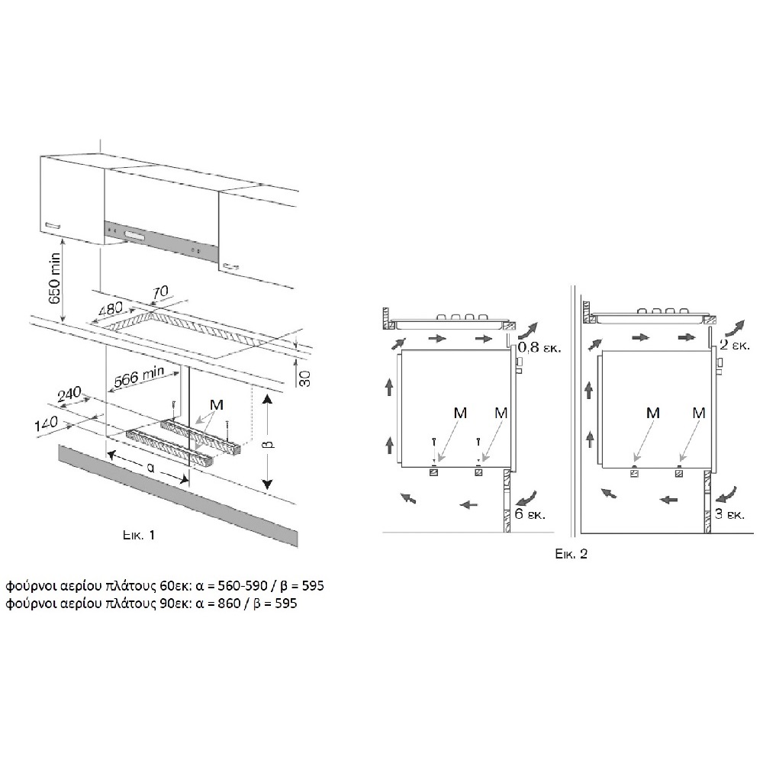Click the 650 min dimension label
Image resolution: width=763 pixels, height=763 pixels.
pyautogui.click(x=54, y=278)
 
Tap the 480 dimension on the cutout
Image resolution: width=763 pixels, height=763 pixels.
pyautogui.click(x=111, y=310)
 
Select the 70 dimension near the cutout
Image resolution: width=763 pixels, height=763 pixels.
pyautogui.click(x=160, y=292)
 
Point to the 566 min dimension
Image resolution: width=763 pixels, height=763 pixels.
pyautogui.click(x=139, y=376)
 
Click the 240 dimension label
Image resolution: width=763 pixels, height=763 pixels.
pyautogui.click(x=69, y=394)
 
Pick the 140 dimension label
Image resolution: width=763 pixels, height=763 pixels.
pyautogui.click(x=47, y=424)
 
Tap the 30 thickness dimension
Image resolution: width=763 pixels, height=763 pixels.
pyautogui.click(x=304, y=378)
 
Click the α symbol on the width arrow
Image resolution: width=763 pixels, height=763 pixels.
pyautogui.click(x=150, y=468)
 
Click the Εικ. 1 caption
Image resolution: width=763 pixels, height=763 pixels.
pyautogui.click(x=139, y=536)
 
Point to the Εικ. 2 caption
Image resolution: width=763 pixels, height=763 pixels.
pyautogui.click(x=571, y=554)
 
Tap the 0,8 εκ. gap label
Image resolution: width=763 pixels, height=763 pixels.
pyautogui.click(x=539, y=347)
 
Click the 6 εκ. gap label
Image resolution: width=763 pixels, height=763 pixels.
pyautogui.click(x=530, y=513)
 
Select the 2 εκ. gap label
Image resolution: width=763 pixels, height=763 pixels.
pyautogui.click(x=734, y=345)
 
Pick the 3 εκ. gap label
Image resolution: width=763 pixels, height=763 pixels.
pyautogui.click(x=729, y=513)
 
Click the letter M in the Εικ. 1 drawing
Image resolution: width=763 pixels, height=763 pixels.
pyautogui.click(x=217, y=405)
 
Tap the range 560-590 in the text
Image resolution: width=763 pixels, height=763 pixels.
pyautogui.click(x=243, y=585)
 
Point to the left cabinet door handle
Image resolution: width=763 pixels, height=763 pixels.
pyautogui.click(x=52, y=225)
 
